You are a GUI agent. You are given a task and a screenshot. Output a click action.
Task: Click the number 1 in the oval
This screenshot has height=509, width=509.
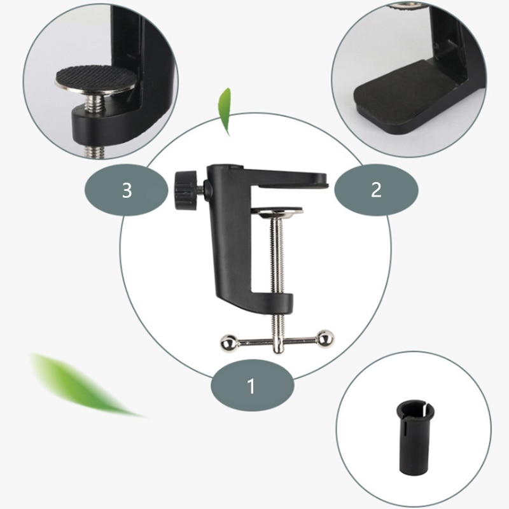(251, 386)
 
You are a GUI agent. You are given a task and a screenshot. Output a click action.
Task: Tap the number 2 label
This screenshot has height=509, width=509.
(376, 190)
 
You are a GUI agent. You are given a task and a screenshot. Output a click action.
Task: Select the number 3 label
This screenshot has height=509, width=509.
(127, 190)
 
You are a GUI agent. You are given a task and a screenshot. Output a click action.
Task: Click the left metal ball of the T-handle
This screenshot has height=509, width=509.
(227, 343)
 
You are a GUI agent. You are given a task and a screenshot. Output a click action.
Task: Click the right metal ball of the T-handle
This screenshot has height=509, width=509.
(325, 338)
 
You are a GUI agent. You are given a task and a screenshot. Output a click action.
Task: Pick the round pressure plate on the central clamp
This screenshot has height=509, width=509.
(277, 211)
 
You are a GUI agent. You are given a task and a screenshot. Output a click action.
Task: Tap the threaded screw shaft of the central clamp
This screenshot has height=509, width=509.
(275, 254)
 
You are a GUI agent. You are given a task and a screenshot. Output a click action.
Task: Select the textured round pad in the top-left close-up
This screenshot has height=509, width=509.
(95, 81)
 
